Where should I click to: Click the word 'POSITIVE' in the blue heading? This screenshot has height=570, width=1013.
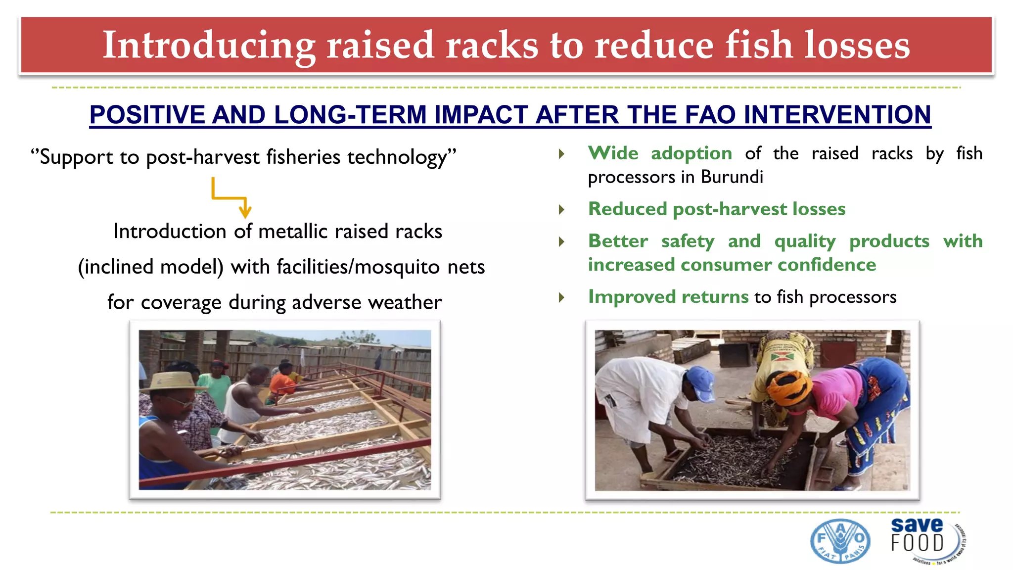coord(147,115)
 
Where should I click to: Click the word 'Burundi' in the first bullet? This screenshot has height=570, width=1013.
coord(732,177)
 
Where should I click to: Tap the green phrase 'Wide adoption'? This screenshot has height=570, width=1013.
coord(660,153)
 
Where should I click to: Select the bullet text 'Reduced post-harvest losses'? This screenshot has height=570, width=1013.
coord(717,209)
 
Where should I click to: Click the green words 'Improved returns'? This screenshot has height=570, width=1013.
coord(668,297)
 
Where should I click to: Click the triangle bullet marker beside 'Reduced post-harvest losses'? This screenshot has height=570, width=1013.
coord(561,210)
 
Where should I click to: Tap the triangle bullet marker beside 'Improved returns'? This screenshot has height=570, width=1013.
coord(561,297)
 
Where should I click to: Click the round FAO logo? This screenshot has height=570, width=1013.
coord(840,541)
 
